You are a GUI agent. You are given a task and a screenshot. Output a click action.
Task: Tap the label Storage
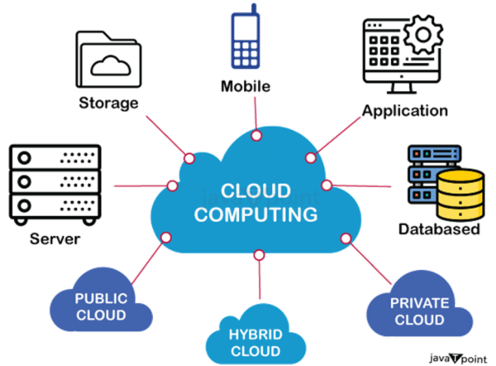click(x=108, y=104)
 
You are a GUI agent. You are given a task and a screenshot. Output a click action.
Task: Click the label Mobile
click(x=246, y=86)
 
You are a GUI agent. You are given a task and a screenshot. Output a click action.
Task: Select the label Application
click(x=405, y=110)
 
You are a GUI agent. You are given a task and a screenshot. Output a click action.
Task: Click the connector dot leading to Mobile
click(x=257, y=135)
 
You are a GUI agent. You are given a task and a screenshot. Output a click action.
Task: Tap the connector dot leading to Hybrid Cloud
click(x=259, y=253)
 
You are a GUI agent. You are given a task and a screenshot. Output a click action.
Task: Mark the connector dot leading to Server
click(x=173, y=185)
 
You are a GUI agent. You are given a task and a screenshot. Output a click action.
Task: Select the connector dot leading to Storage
click(x=190, y=157)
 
